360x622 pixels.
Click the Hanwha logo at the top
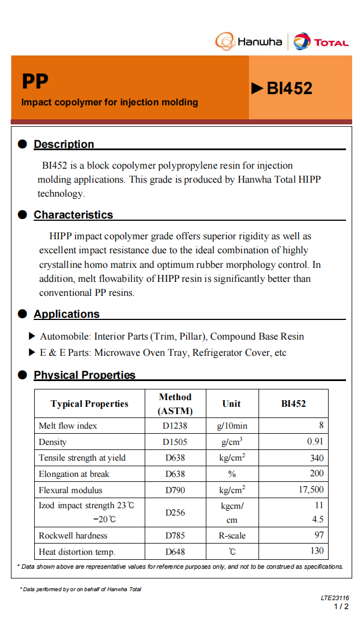[x=248, y=41]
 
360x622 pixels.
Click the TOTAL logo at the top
[x=321, y=42]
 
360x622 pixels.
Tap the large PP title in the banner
[x=35, y=82]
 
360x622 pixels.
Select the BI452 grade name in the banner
[x=289, y=88]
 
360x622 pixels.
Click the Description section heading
[x=64, y=144]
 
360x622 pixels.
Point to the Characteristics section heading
[x=73, y=215]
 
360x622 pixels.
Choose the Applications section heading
[x=66, y=314]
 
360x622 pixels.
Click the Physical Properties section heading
[x=85, y=375]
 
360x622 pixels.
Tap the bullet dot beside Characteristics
[x=22, y=215]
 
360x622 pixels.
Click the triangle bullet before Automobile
[x=32, y=336]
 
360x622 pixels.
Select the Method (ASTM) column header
[x=175, y=403]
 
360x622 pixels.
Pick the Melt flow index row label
[x=68, y=426]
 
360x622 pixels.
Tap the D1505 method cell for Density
[x=175, y=442]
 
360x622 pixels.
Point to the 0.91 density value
[x=315, y=442]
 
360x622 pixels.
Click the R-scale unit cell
[x=232, y=535]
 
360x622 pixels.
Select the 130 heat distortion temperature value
[x=317, y=551]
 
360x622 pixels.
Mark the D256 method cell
[x=175, y=512]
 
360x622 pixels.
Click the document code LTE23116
[x=335, y=598]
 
